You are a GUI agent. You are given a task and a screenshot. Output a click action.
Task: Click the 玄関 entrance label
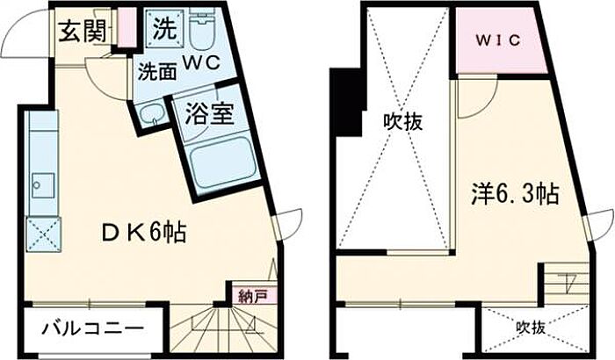pyautogui.click(x=83, y=31)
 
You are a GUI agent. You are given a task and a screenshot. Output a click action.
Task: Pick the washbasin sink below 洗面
pyautogui.click(x=151, y=112)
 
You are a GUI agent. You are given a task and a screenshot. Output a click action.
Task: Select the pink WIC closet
pyautogui.click(x=500, y=40)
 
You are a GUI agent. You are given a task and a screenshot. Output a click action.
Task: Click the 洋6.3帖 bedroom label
pyautogui.click(x=515, y=193)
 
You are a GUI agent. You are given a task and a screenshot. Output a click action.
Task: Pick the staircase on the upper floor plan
pyautogui.click(x=564, y=288)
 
